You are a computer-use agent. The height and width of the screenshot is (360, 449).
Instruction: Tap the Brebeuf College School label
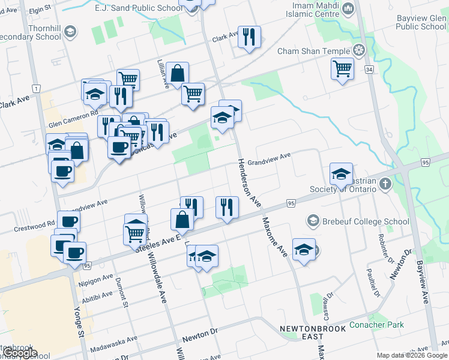tap(358, 221)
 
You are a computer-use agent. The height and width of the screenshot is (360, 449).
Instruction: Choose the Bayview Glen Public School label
tap(421, 22)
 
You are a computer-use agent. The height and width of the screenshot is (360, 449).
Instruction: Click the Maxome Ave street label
tap(274, 238)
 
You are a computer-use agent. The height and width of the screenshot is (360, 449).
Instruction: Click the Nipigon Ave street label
tap(95, 280)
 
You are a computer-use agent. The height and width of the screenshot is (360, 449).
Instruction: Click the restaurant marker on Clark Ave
tap(249, 37)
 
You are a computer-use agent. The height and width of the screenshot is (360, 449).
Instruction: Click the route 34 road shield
tap(368, 70)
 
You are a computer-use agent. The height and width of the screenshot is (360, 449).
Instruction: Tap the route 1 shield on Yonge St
tap(37, 89)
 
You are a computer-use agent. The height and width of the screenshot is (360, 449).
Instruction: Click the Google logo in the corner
tap(20, 353)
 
